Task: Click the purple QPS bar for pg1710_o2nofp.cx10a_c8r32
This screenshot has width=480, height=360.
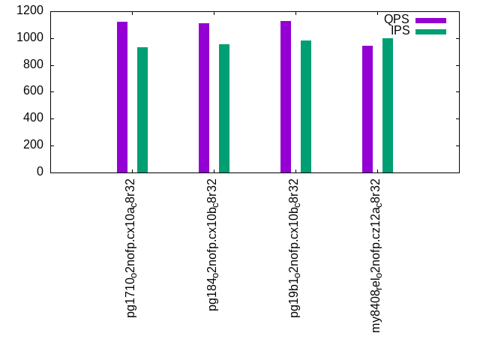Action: coord(122,97)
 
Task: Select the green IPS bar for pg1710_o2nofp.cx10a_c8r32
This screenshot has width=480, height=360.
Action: coord(142,110)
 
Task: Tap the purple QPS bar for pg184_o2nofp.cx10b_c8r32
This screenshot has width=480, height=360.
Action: coord(204,98)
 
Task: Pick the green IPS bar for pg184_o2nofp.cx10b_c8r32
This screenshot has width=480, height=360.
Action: coord(224,108)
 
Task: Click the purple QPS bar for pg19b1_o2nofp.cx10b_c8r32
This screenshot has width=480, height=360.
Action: coord(286,97)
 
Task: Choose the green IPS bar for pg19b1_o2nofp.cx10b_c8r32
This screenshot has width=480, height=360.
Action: coord(306,106)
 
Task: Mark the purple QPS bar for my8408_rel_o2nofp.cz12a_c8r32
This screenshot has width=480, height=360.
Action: coord(367,109)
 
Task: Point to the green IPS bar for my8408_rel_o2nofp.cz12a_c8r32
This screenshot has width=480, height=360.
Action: coord(388,105)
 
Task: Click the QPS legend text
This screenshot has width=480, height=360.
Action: coord(397,19)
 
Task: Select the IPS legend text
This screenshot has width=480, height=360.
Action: coord(400,31)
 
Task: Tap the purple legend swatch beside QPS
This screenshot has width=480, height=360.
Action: coord(430,20)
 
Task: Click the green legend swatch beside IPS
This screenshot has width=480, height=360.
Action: coord(430,31)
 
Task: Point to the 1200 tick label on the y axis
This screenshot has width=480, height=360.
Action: coord(30,10)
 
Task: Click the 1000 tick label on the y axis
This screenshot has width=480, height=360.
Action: coord(30,38)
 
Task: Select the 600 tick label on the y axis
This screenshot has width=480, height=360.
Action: coord(33,91)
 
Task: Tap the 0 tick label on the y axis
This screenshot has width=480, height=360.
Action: coord(40,172)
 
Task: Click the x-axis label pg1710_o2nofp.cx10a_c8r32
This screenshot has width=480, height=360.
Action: coord(131,248)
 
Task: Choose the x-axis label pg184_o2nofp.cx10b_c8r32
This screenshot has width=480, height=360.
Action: coord(213,245)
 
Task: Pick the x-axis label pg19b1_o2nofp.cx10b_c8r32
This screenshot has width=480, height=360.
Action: coord(295,248)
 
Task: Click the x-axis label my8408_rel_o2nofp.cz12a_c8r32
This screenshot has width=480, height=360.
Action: coord(376,256)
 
